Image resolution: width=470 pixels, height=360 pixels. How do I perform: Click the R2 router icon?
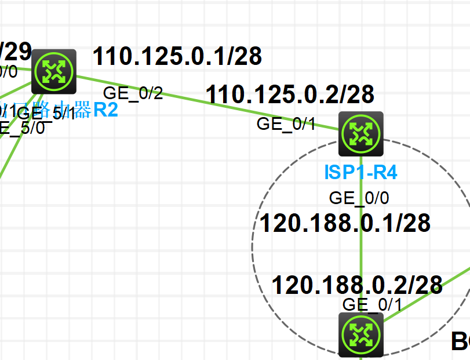tap(54, 71)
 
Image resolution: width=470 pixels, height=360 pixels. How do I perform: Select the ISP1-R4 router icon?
tap(362, 133)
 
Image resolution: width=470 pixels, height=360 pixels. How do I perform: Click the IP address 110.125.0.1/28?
tap(177, 56)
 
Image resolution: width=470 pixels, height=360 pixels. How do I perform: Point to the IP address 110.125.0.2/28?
tap(290, 94)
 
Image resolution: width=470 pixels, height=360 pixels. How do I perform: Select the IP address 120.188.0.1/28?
tap(345, 223)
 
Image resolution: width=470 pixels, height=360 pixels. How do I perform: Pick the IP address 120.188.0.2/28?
tap(357, 285)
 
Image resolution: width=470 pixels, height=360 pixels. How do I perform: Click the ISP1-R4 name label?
tap(361, 172)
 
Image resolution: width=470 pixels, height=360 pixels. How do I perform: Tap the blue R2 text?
tap(105, 110)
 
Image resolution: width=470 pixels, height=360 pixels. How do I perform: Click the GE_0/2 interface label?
tap(133, 93)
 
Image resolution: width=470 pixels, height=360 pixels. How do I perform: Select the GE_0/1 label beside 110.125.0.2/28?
tap(286, 123)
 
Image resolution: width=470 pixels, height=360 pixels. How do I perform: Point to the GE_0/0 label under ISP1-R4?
tap(359, 198)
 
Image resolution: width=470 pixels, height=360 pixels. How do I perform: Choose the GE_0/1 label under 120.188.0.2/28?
tap(372, 304)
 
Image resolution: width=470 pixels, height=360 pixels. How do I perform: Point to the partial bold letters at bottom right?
tap(460, 341)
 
